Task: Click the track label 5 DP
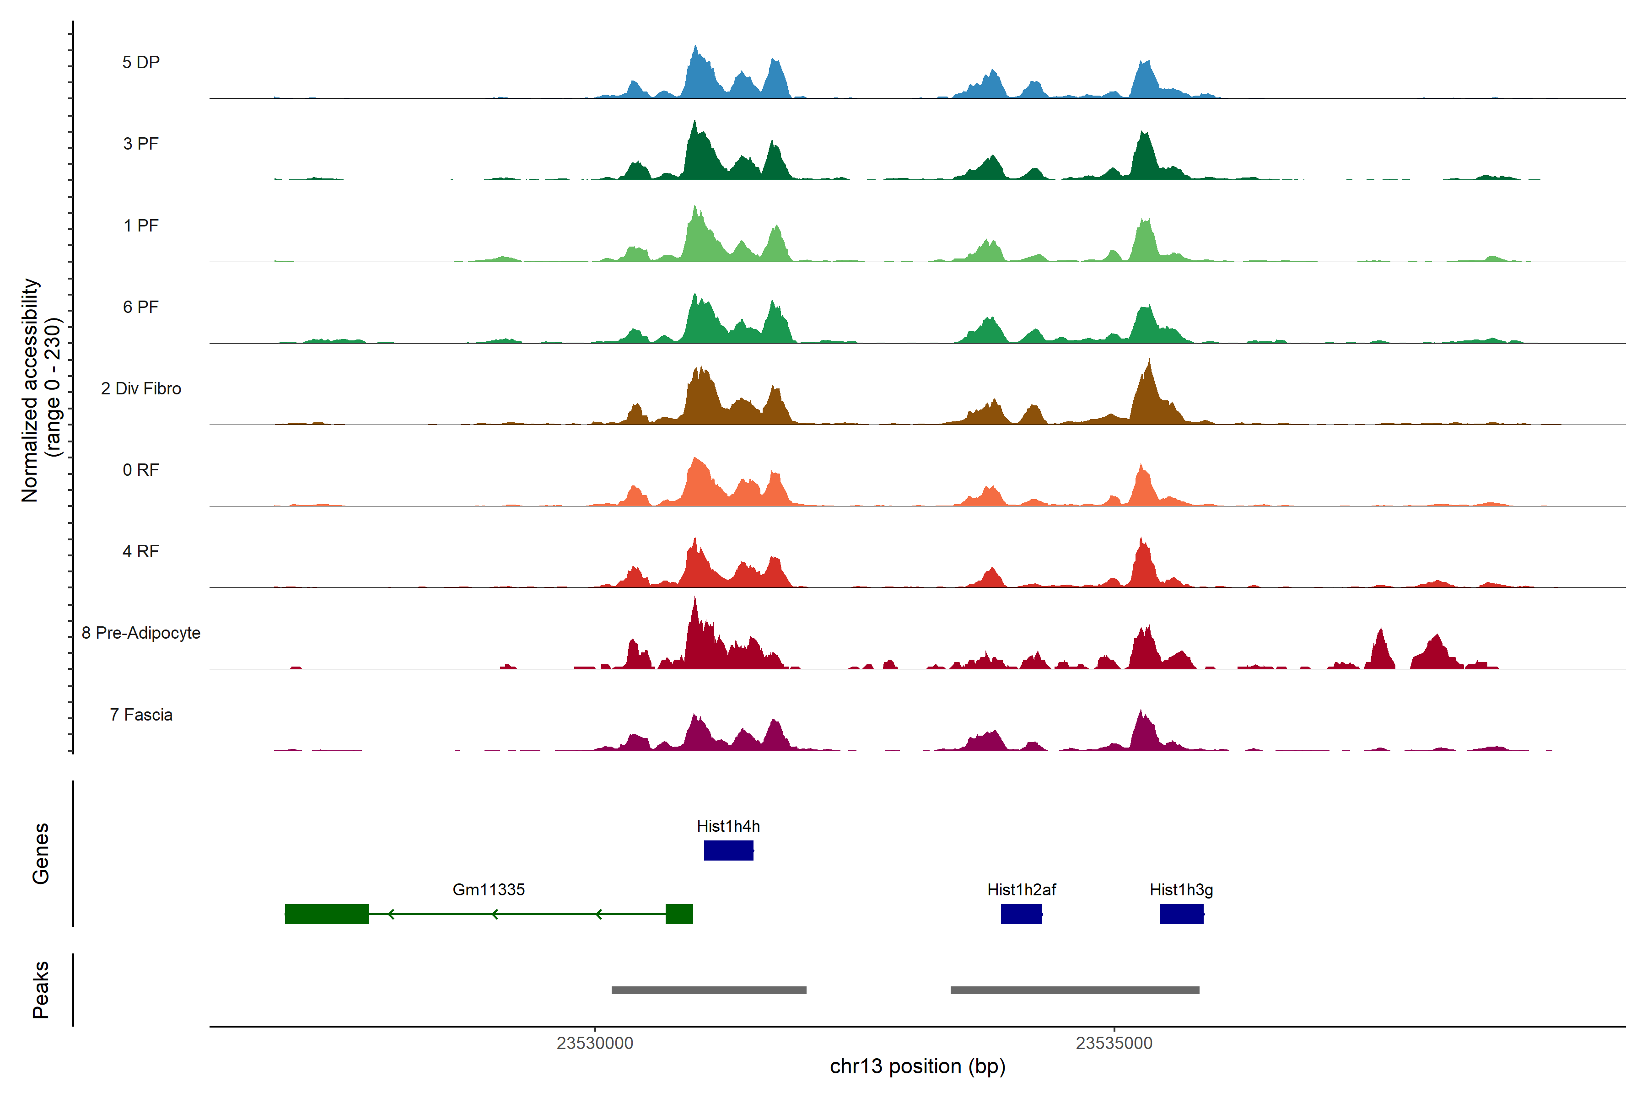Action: click(x=141, y=62)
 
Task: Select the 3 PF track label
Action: click(x=141, y=144)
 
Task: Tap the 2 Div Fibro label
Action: click(x=141, y=388)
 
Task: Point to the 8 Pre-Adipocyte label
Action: click(x=141, y=633)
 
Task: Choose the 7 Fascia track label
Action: click(x=141, y=715)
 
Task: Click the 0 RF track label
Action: click(x=141, y=470)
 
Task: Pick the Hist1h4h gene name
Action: click(x=728, y=826)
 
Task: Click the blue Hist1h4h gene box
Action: click(x=728, y=850)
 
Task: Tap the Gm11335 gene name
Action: click(x=489, y=890)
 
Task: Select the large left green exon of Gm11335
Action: click(x=327, y=914)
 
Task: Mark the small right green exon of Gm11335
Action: click(x=679, y=914)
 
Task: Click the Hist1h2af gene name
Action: click(x=1022, y=890)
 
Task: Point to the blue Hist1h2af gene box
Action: click(x=1022, y=914)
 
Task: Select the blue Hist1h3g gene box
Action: click(x=1181, y=914)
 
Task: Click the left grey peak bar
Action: click(x=709, y=990)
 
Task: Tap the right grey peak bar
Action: click(x=1075, y=990)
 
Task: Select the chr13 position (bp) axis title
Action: click(x=917, y=1066)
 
